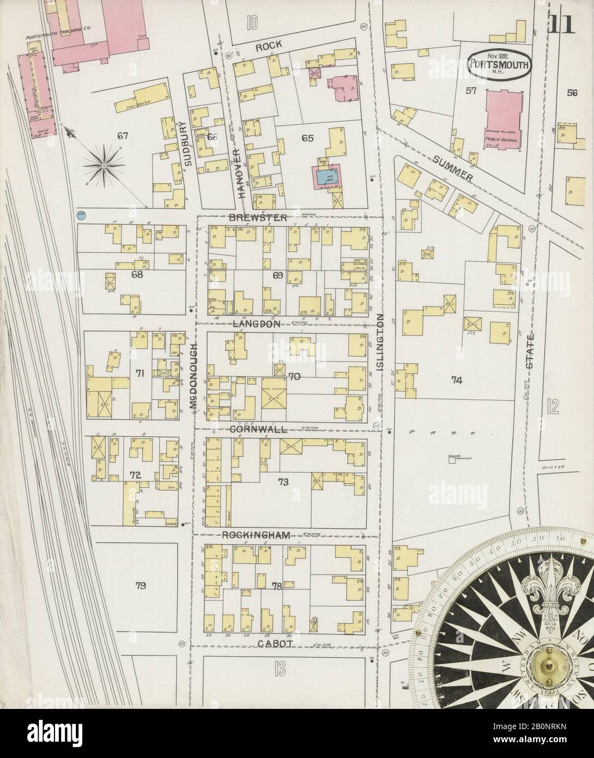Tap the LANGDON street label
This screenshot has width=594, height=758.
(257, 323)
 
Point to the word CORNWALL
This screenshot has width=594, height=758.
(258, 429)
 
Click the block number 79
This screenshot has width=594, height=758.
(141, 586)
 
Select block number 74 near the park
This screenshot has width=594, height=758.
(456, 381)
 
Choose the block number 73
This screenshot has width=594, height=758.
(283, 482)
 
